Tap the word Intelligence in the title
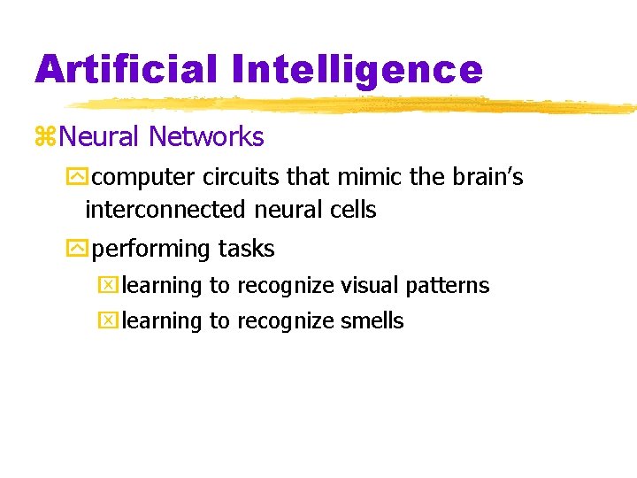[x=364, y=69]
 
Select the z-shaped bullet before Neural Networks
[x=46, y=137]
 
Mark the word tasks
[x=245, y=250]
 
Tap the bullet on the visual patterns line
[x=107, y=286]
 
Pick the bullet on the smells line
[x=107, y=321]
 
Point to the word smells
[x=372, y=321]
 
